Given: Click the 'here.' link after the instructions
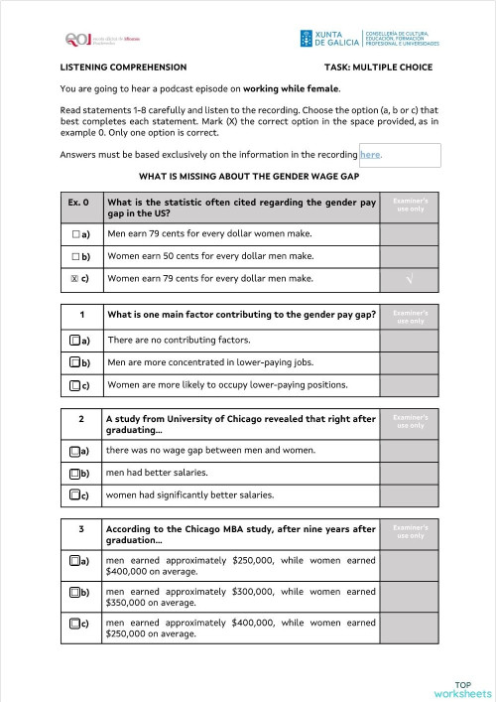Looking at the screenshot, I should (371, 155).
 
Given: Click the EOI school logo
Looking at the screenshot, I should (89, 39).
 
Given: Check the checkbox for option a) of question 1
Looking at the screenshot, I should (75, 341).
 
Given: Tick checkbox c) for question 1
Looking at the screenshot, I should (75, 385).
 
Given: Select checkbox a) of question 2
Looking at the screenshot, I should (75, 451).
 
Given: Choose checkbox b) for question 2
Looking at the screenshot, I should (75, 473).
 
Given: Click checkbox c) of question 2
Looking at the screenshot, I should (75, 494).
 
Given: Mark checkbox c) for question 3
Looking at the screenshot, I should (75, 625).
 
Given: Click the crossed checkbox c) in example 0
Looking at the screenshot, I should (75, 279).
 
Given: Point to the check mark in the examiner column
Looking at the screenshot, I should (410, 280).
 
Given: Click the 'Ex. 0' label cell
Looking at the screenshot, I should (80, 203).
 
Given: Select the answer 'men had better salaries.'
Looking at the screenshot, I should (154, 473).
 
